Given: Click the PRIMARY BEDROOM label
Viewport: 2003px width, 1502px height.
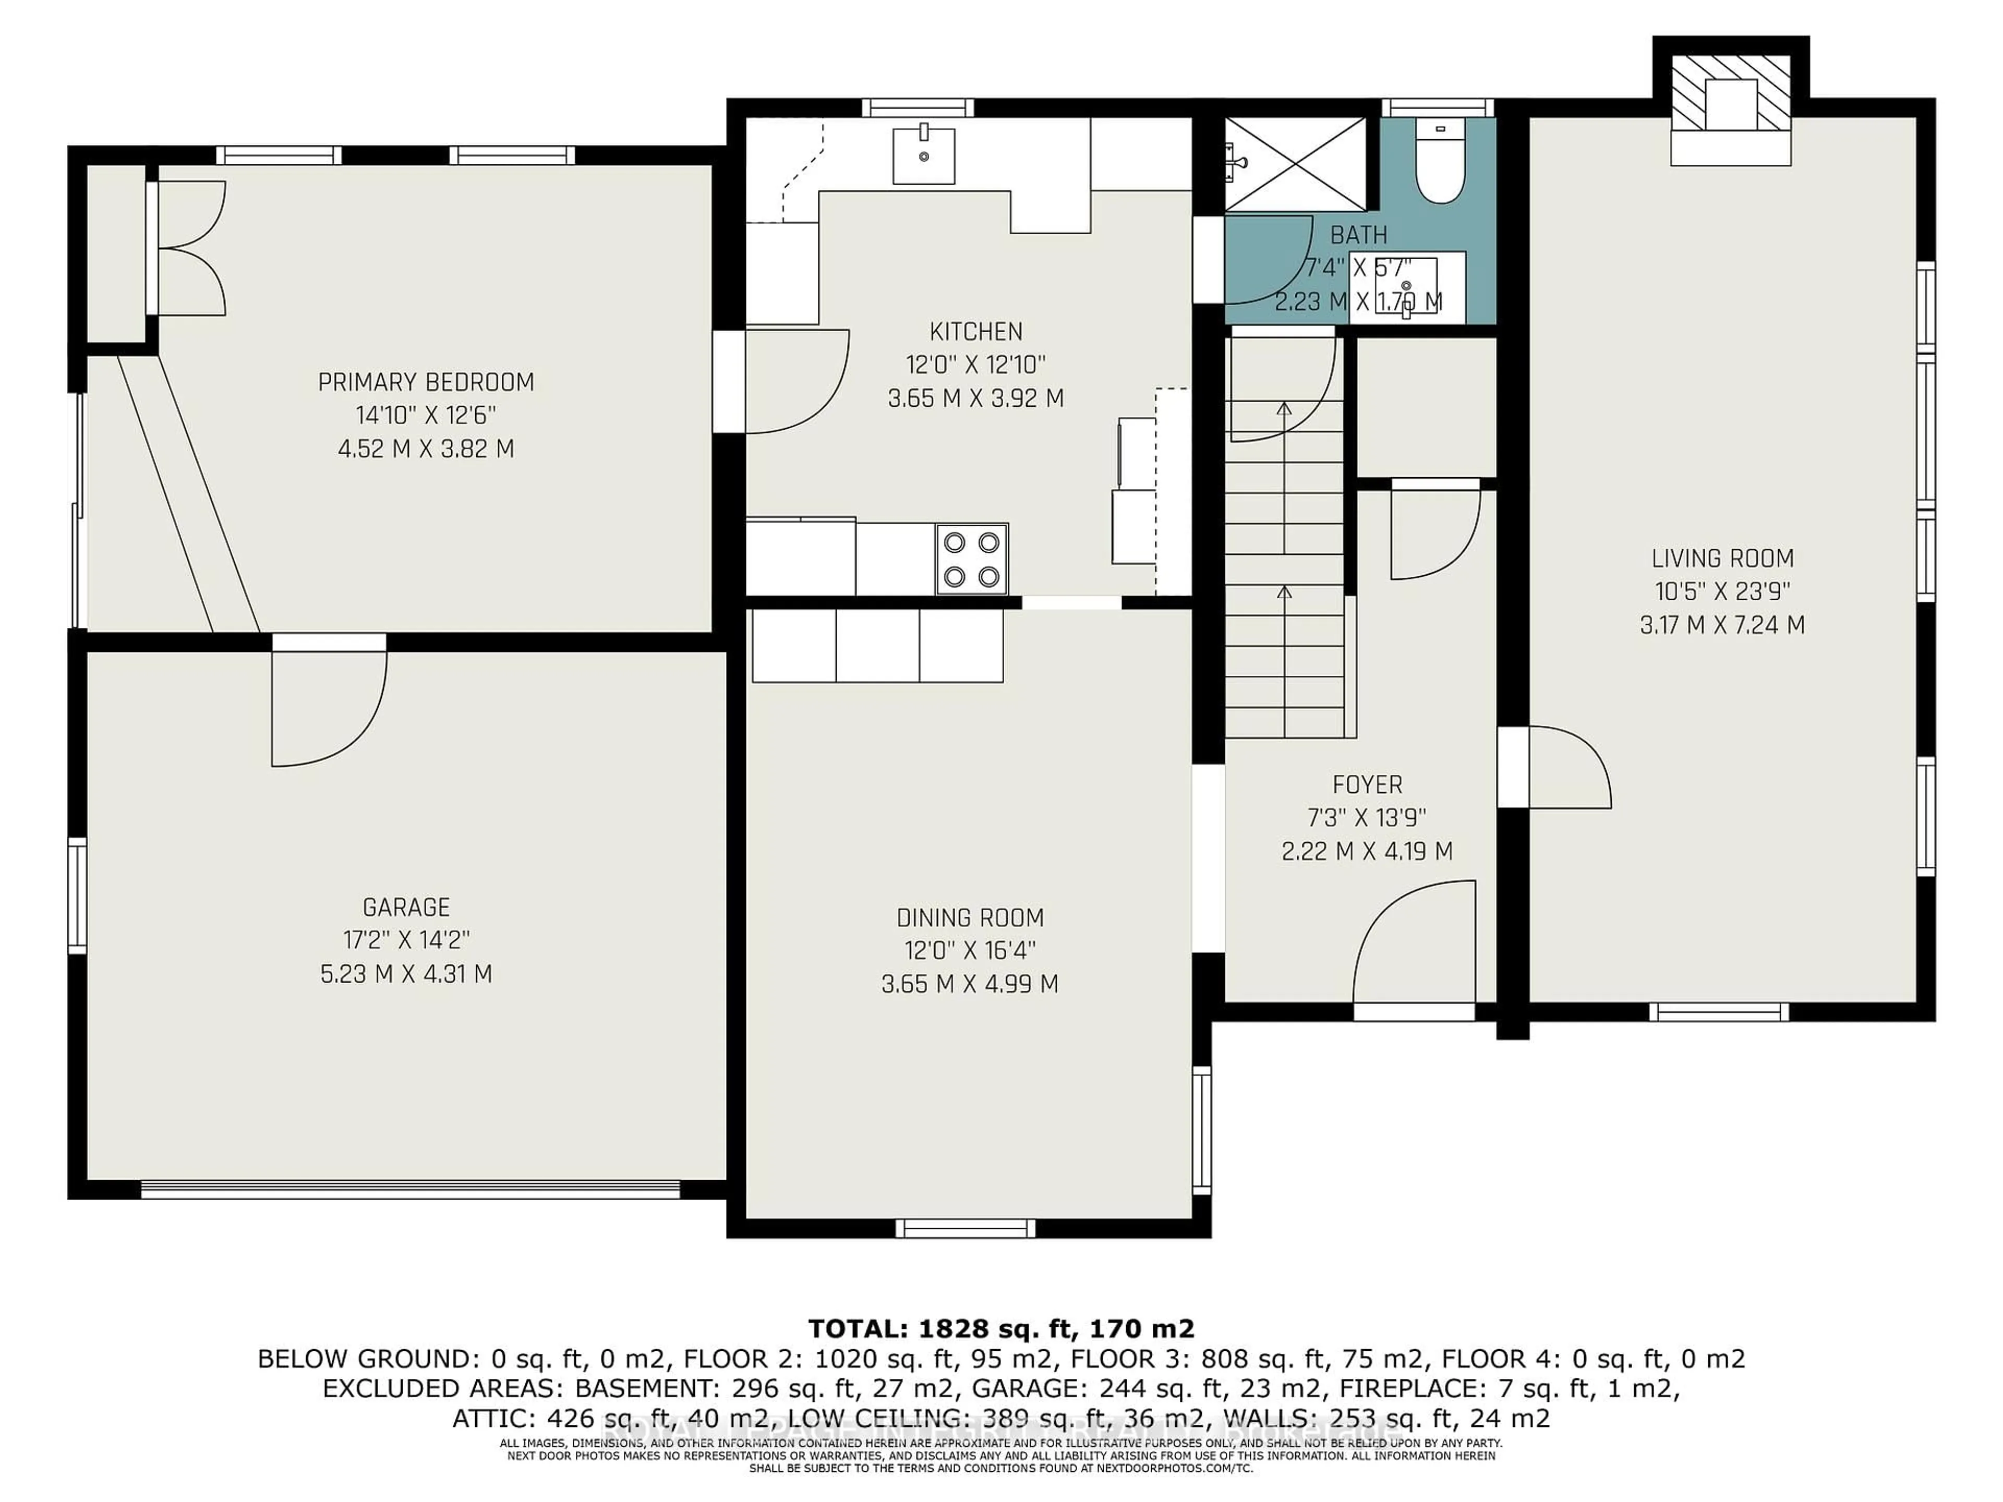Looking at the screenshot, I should click(426, 382).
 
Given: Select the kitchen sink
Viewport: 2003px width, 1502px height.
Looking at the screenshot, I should click(924, 156).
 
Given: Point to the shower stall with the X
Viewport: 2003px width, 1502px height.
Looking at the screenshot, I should click(1295, 165).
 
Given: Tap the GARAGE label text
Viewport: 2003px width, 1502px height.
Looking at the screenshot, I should click(406, 907).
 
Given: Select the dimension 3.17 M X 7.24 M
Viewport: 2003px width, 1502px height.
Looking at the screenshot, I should click(1722, 625).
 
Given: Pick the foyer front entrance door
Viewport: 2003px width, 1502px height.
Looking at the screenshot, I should click(1414, 946).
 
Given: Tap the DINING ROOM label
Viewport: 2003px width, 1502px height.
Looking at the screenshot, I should click(970, 918).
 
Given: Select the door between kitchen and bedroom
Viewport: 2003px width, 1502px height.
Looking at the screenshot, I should click(794, 382).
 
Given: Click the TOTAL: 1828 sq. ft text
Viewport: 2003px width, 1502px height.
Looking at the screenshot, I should click(1000, 1328).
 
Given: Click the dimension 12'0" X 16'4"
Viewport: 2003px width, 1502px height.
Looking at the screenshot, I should click(970, 951).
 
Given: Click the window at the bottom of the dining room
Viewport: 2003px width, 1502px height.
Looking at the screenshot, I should click(966, 1228).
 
